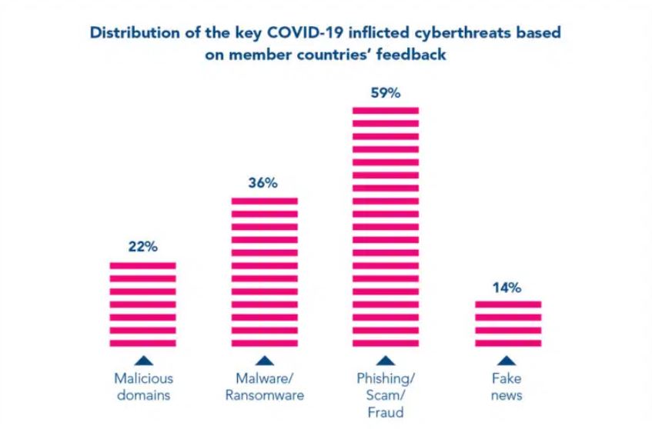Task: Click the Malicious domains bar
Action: [143, 304]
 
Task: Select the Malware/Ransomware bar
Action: [264, 271]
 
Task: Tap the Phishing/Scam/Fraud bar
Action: [386, 226]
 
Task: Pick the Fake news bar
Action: [508, 323]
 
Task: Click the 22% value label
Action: [143, 247]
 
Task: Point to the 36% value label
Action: [264, 184]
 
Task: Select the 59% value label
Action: [386, 93]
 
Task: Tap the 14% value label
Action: [507, 288]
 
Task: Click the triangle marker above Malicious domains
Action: [143, 360]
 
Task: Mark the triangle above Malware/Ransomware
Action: [264, 360]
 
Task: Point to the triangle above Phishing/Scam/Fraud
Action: [386, 360]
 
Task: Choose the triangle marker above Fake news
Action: [508, 360]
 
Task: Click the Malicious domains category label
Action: [143, 387]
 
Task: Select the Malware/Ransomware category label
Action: [264, 387]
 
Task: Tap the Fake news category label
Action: [508, 387]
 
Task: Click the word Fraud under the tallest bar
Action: [386, 412]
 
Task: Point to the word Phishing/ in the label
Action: [386, 378]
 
